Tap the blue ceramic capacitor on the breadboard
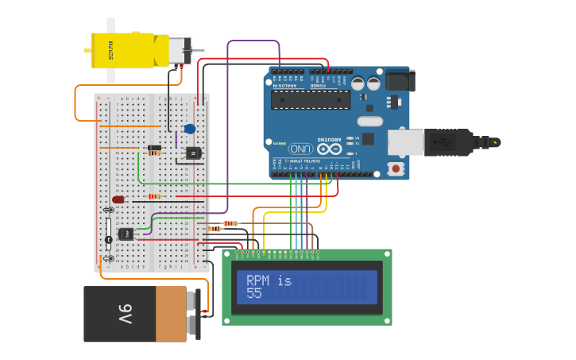point(189,129)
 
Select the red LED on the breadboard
point(118,199)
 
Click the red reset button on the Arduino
point(396,168)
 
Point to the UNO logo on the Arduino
point(300,149)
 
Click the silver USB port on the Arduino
point(405,142)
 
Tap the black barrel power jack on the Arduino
point(400,80)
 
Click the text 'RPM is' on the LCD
point(269,281)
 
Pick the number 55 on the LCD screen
point(254,293)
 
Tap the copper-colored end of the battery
point(171,314)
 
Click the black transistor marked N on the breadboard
point(193,153)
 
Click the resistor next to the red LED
point(154,196)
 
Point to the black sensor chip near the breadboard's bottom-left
point(126,234)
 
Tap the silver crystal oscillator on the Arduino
point(369,122)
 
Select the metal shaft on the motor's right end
point(196,51)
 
